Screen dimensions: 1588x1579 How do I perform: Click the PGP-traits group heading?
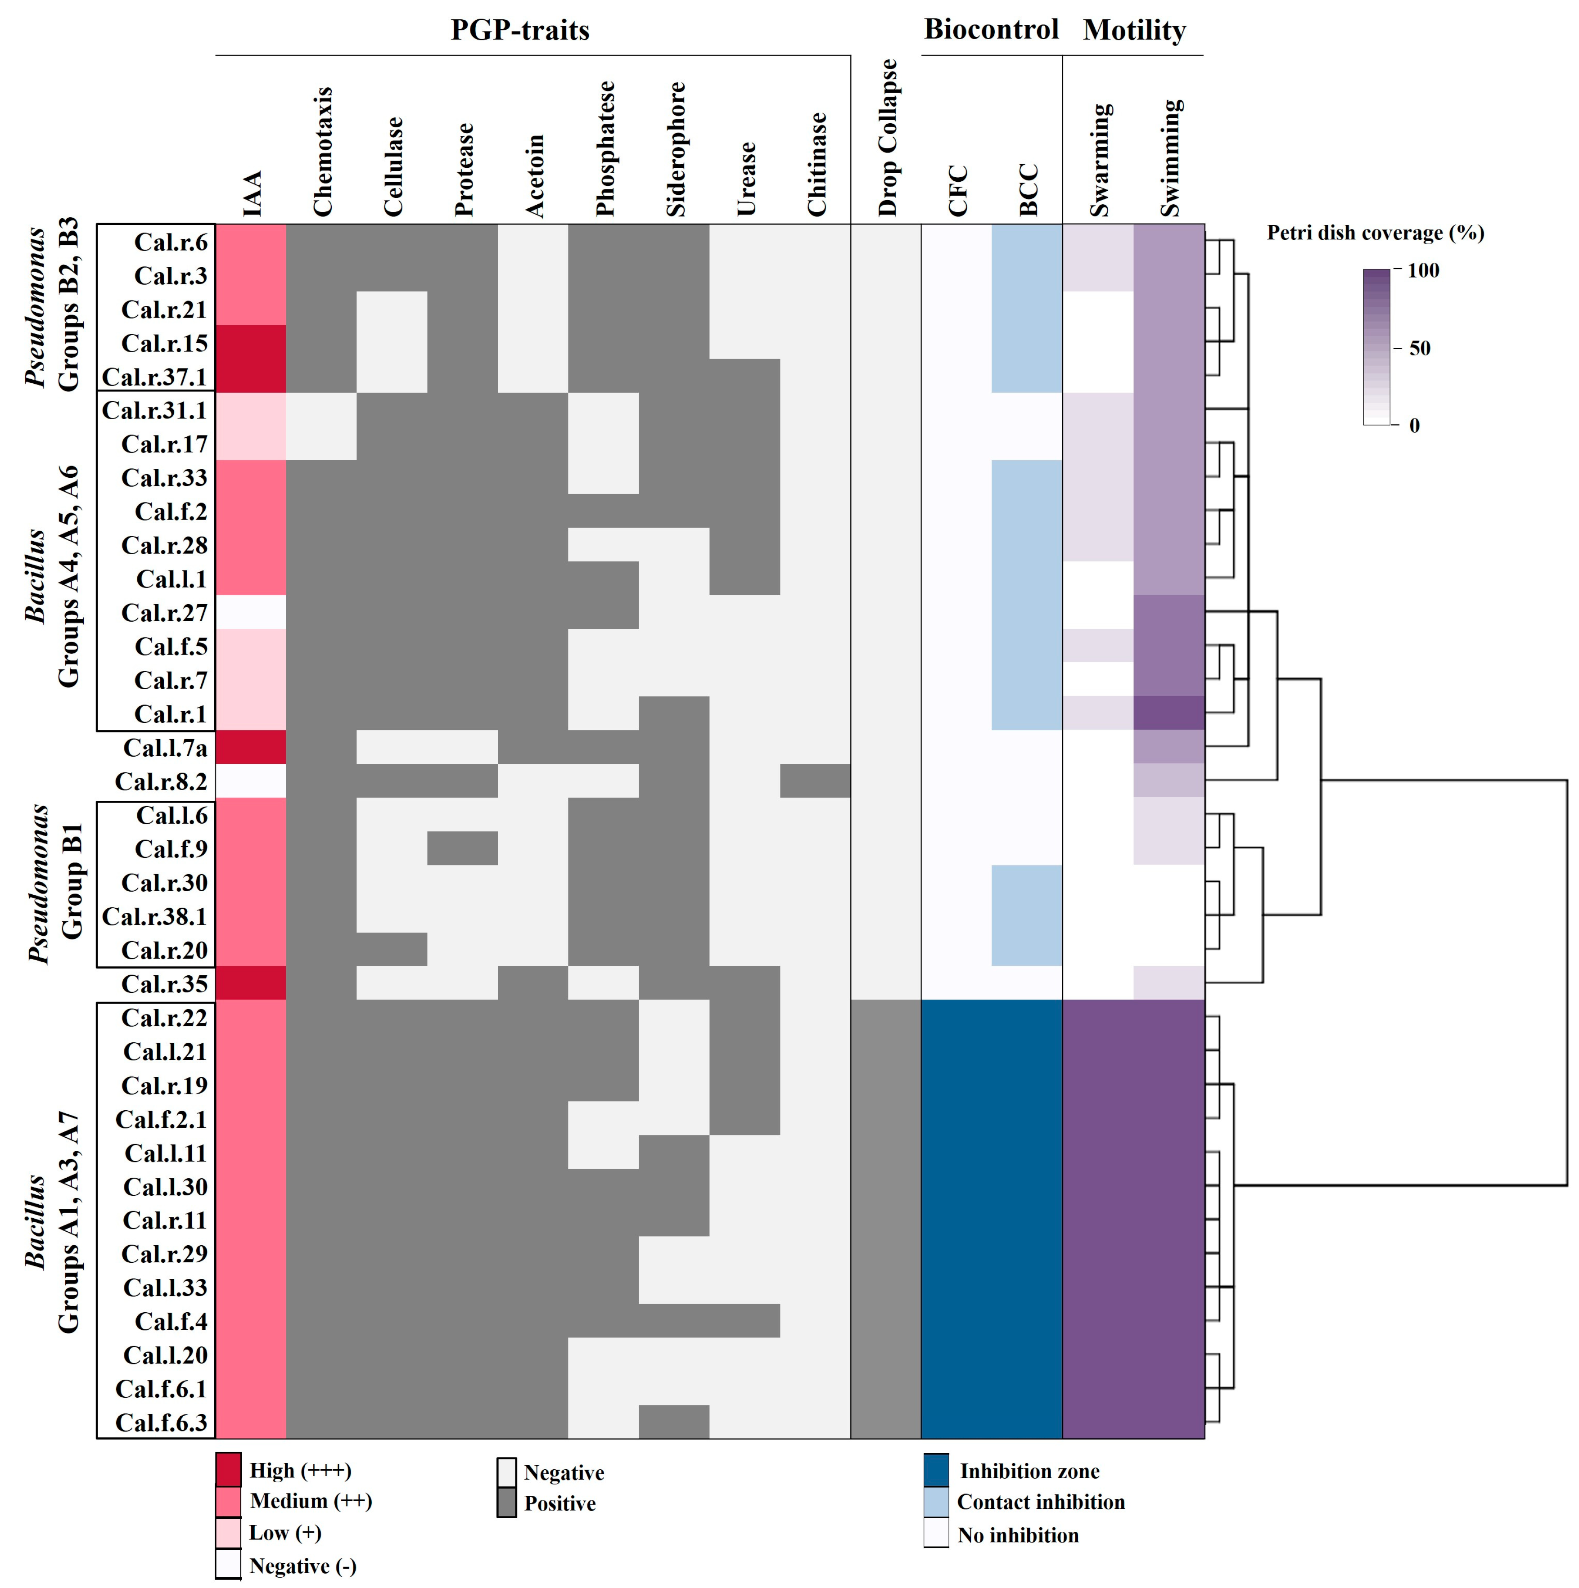(x=520, y=31)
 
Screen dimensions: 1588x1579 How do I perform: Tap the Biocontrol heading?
(x=991, y=30)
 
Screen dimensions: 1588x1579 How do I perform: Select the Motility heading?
(x=1134, y=31)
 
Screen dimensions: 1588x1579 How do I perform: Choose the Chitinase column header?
(x=817, y=164)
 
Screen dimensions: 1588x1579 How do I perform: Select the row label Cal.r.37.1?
(x=154, y=377)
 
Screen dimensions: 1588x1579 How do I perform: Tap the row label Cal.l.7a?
(x=165, y=748)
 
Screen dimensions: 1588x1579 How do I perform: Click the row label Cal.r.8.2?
(x=161, y=782)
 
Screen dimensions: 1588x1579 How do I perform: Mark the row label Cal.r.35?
(x=164, y=984)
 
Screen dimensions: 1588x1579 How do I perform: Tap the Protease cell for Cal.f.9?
(x=462, y=849)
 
